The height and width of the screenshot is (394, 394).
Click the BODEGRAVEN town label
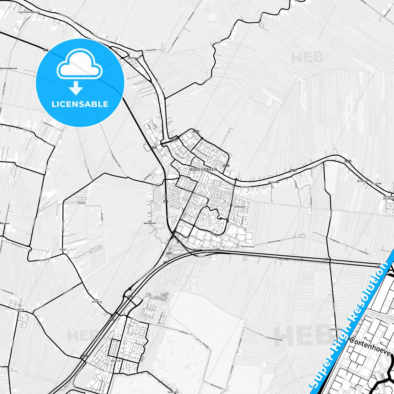coord(203,169)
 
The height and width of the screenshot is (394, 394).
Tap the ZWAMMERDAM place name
coord(133,58)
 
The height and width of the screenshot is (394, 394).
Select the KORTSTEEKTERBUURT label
coord(29,13)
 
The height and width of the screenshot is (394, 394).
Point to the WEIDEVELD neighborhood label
coord(240,207)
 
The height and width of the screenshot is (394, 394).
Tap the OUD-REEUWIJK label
coord(97,301)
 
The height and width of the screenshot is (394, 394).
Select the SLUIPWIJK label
coord(173,392)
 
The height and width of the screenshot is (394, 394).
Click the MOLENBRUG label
coord(274,182)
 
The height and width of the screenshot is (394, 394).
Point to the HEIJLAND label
coord(376,184)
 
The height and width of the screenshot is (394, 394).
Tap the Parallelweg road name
coord(283,259)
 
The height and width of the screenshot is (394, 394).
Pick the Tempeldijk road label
coord(44,260)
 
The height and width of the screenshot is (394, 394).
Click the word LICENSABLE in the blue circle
coord(80,104)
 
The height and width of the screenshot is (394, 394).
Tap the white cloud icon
coord(79,65)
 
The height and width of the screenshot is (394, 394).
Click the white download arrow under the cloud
coord(76,88)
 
